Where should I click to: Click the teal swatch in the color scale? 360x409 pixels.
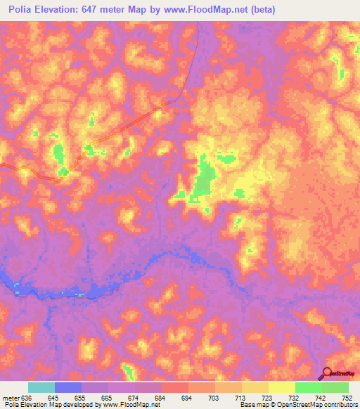pyautogui.click(x=41, y=388)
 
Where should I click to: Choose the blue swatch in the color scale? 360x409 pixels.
pyautogui.click(x=68, y=388)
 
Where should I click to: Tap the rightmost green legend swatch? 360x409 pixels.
pyautogui.click(x=335, y=388)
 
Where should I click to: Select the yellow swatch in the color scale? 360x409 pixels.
pyautogui.click(x=282, y=388)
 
